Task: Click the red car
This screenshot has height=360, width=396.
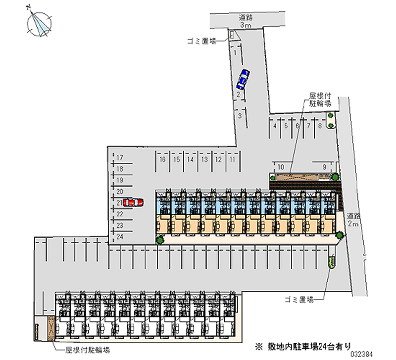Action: coord(133,202)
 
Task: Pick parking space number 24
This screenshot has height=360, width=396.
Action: coord(119,236)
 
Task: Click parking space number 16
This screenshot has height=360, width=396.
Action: coord(162,159)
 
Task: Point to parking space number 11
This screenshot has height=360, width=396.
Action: coord(232,159)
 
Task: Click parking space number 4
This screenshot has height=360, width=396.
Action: coord(275,126)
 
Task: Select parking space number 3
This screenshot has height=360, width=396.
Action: coord(240,116)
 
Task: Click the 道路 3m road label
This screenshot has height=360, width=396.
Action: coord(246,21)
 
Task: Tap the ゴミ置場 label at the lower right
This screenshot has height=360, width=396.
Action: coord(300,299)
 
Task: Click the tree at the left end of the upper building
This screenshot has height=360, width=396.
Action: coord(160,241)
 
